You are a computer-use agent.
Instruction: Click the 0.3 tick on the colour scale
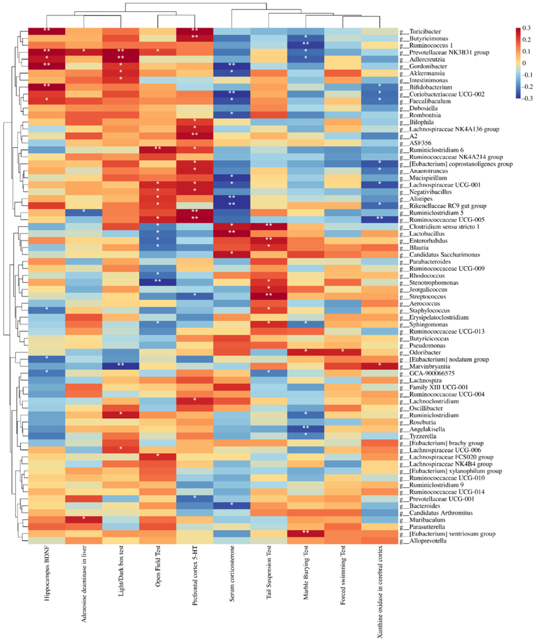526,28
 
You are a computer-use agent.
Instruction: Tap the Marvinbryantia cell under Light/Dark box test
121,366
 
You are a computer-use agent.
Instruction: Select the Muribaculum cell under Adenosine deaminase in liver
84,520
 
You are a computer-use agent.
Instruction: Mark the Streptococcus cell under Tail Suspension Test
269,297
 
